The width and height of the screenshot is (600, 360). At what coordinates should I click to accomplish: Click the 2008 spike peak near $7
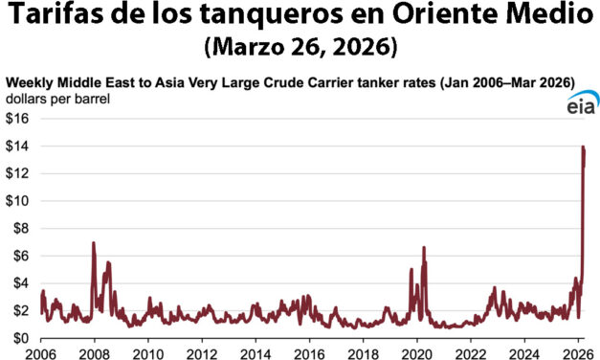click(x=93, y=243)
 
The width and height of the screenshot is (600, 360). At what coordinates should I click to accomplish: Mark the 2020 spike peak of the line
click(x=423, y=248)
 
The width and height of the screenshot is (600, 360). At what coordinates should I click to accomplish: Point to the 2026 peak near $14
click(x=584, y=147)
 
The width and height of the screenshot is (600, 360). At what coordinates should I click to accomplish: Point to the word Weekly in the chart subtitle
click(x=30, y=83)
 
